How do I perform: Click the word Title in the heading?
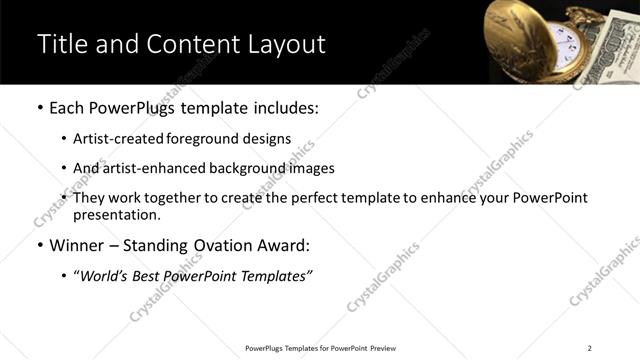click(61, 44)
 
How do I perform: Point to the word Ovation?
click(214, 245)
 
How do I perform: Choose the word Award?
click(282, 245)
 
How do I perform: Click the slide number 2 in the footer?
click(589, 348)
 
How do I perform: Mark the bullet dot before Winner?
click(39, 245)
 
